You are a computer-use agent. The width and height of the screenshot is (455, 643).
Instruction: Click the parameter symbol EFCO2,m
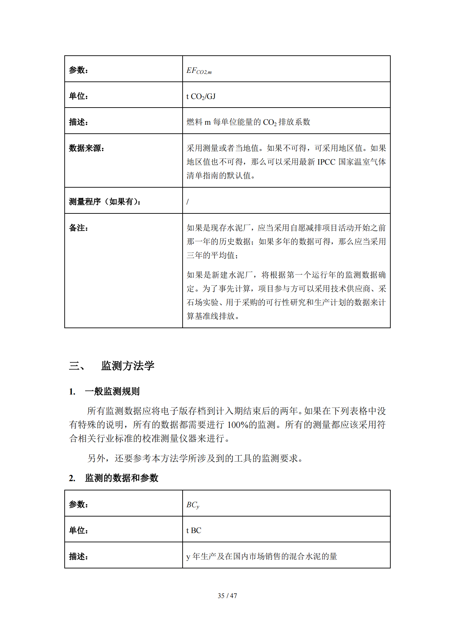(x=199, y=71)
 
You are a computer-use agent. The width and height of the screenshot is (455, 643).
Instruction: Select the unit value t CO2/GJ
(x=201, y=97)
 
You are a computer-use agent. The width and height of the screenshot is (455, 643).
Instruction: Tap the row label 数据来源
(x=86, y=148)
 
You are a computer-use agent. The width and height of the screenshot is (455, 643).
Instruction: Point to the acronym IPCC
(x=326, y=162)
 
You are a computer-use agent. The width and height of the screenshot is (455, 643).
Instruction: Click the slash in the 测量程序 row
(x=188, y=202)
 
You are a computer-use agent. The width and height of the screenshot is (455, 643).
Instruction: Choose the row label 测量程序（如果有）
(x=105, y=202)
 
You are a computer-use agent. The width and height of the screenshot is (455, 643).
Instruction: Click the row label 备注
(x=78, y=228)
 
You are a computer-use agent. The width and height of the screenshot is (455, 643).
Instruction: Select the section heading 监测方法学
(x=128, y=366)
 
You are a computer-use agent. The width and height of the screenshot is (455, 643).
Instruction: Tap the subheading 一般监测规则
(x=112, y=391)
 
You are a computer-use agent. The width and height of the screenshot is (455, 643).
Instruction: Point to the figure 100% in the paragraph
(x=238, y=425)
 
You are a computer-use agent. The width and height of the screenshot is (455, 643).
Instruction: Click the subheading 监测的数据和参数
(x=121, y=478)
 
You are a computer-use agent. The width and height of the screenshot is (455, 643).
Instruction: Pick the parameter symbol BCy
(x=193, y=505)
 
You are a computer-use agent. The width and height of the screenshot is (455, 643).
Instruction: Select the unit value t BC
(x=194, y=531)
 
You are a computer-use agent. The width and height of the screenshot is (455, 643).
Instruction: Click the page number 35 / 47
(x=227, y=596)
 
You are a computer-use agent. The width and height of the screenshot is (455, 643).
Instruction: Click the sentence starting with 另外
(x=195, y=458)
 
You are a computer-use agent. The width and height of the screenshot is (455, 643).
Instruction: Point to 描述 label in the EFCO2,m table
(x=78, y=122)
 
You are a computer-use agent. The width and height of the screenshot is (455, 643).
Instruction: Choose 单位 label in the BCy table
(x=78, y=530)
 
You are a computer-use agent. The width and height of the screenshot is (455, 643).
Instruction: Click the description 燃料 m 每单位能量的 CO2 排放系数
(x=248, y=122)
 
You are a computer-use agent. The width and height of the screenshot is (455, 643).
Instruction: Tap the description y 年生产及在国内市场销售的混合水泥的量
(x=261, y=556)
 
